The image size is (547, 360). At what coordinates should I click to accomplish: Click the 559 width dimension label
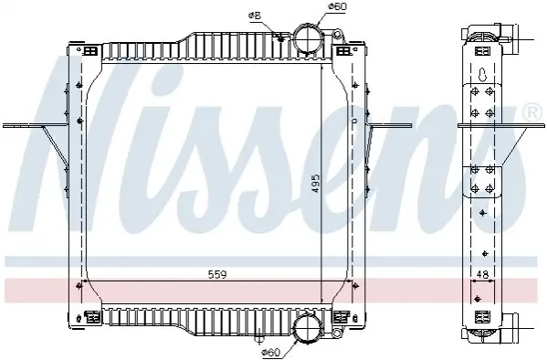point(217,274)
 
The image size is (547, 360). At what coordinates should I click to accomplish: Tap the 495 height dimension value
point(315,185)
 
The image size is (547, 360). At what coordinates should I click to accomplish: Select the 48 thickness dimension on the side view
point(482,275)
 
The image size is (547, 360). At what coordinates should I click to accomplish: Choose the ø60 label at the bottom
point(270,352)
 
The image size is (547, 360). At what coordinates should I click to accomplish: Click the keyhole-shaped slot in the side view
point(483,74)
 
